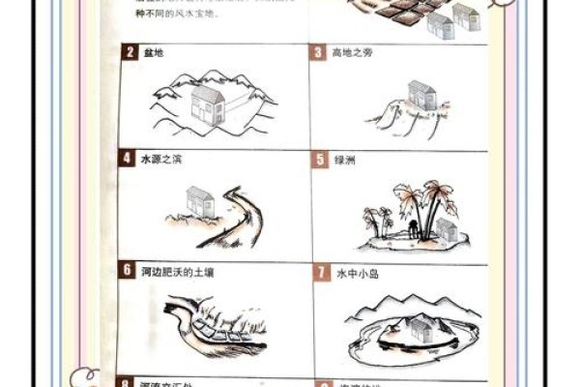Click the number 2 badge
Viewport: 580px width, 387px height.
[129, 52]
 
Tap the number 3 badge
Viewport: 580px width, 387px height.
[319, 52]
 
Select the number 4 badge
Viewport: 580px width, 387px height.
[128, 159]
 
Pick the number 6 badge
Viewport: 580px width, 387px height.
[128, 271]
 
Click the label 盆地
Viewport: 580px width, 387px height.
[153, 53]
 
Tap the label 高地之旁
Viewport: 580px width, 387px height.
[352, 53]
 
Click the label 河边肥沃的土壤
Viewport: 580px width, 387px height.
[177, 272]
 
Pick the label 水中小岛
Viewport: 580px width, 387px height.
[356, 273]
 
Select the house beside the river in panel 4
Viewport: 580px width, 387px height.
[199, 203]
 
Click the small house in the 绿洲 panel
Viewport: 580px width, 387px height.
[445, 228]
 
